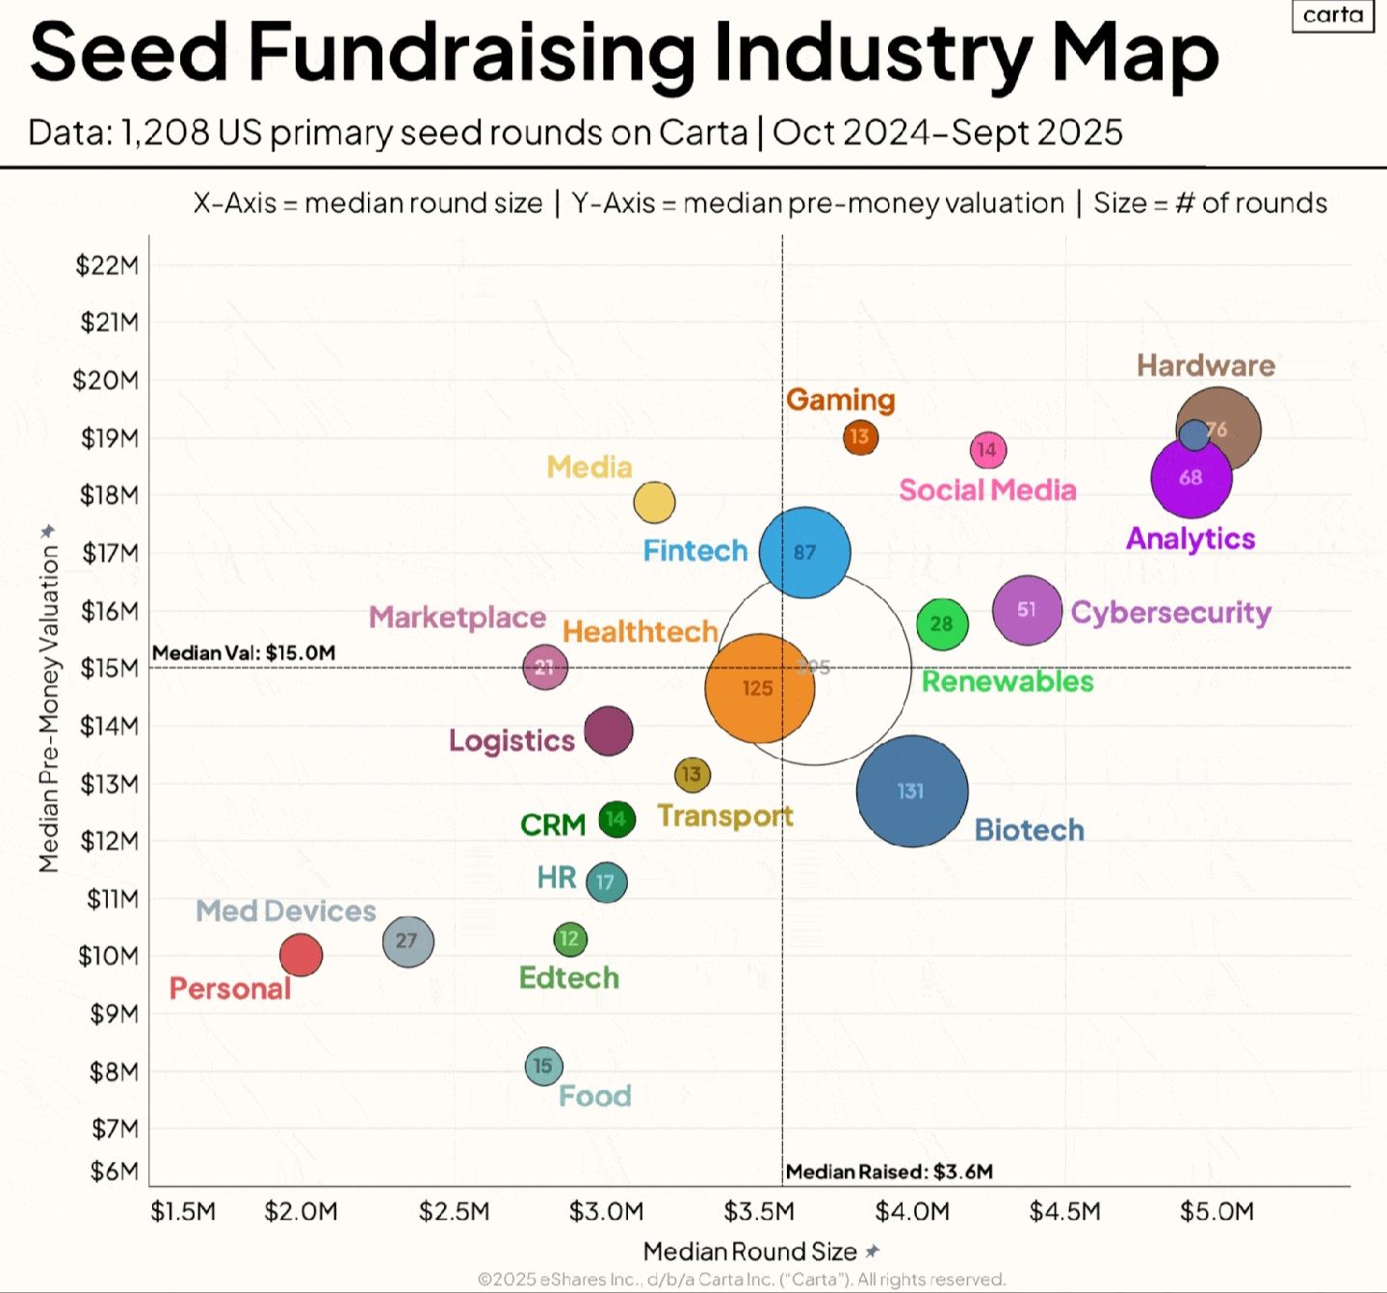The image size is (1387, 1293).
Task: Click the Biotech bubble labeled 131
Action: [x=912, y=791]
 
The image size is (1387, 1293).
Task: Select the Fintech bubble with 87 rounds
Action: [x=805, y=552]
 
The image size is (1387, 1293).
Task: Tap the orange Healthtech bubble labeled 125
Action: [x=759, y=688]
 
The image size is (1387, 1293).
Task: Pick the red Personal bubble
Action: [x=301, y=955]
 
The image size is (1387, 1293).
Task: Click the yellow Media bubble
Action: [x=654, y=502]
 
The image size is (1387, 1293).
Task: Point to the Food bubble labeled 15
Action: [x=543, y=1066]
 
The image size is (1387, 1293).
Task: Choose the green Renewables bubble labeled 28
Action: [x=942, y=623]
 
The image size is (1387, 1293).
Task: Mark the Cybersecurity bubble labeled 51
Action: [x=1027, y=610]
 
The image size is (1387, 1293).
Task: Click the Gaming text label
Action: [x=840, y=400]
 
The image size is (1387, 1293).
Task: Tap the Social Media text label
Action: [x=987, y=489]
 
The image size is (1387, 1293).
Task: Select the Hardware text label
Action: [x=1205, y=365]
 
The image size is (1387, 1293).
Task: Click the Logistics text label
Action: [x=511, y=740]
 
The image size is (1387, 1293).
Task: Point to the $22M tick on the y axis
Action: [x=107, y=265]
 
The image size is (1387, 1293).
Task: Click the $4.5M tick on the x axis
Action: [x=1064, y=1211]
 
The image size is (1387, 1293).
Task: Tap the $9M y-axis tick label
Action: [x=114, y=1014]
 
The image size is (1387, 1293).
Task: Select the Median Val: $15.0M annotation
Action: [x=244, y=652]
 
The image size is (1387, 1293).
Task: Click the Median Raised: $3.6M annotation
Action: [x=889, y=1172]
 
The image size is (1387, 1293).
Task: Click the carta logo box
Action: [x=1333, y=15]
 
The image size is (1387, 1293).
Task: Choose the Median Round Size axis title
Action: [x=750, y=1252]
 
